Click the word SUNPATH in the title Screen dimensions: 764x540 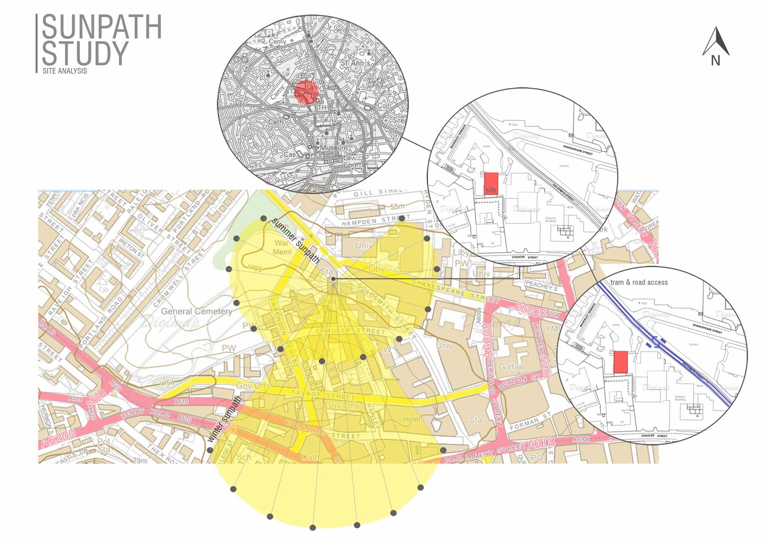[x=102, y=27]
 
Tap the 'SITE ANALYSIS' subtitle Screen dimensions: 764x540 [x=65, y=71]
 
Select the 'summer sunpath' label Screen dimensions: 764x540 [x=296, y=241]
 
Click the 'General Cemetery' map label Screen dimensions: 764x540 [x=196, y=311]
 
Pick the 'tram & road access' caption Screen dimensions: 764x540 [x=639, y=282]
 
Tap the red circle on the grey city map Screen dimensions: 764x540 [x=306, y=92]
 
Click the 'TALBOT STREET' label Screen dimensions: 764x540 [x=323, y=395]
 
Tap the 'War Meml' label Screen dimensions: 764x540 [x=282, y=247]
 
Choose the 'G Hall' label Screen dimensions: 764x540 [x=511, y=367]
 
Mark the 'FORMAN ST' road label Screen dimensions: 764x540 [x=530, y=422]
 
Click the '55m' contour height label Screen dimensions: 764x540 [x=397, y=206]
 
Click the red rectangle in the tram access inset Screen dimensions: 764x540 [x=620, y=362]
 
